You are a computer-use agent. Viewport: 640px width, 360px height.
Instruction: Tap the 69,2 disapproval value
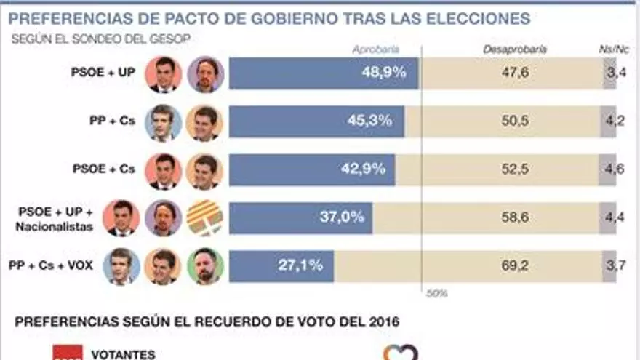pyautogui.click(x=515, y=266)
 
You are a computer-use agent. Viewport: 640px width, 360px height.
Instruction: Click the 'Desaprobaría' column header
pyautogui.click(x=515, y=49)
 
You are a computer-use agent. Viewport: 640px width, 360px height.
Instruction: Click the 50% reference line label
pyautogui.click(x=436, y=294)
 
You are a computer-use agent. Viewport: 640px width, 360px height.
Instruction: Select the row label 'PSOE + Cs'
pyautogui.click(x=104, y=169)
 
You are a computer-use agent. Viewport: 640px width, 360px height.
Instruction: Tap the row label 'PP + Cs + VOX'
pyautogui.click(x=51, y=265)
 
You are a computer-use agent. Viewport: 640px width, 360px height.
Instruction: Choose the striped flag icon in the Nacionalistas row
pyautogui.click(x=205, y=218)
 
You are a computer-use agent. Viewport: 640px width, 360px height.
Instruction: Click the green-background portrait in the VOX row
pyautogui.click(x=205, y=266)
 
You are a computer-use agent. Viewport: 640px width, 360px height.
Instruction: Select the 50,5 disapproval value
pyautogui.click(x=515, y=121)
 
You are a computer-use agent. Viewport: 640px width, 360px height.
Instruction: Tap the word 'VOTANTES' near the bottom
pyautogui.click(x=123, y=354)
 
